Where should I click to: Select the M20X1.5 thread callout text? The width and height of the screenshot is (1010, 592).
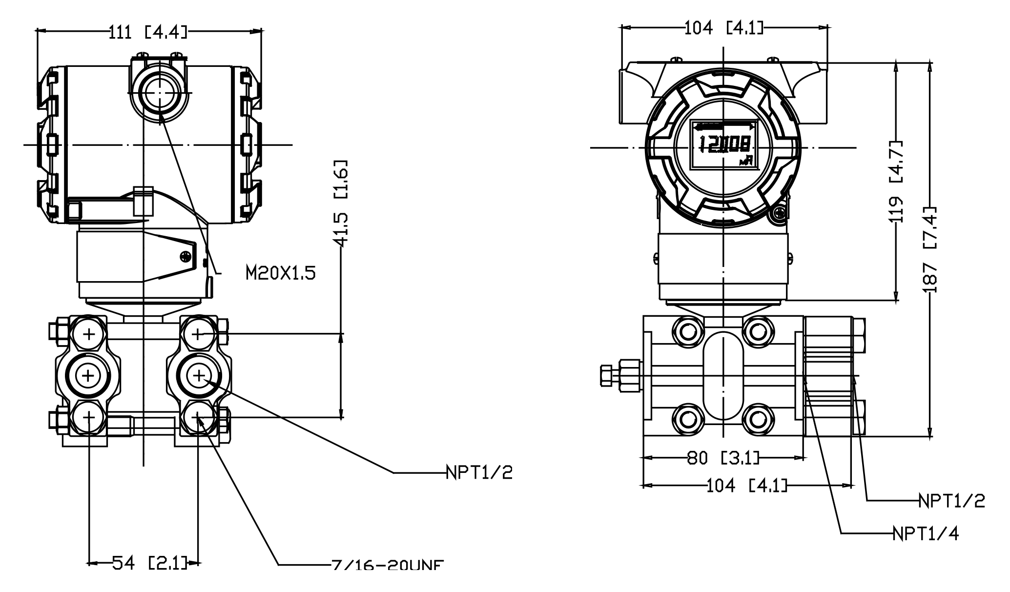coord(280,273)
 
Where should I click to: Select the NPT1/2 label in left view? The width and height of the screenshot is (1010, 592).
coord(479,472)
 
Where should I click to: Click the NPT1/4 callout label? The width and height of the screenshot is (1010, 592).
coord(926,533)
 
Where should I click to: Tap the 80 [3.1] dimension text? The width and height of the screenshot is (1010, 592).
coord(723,458)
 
